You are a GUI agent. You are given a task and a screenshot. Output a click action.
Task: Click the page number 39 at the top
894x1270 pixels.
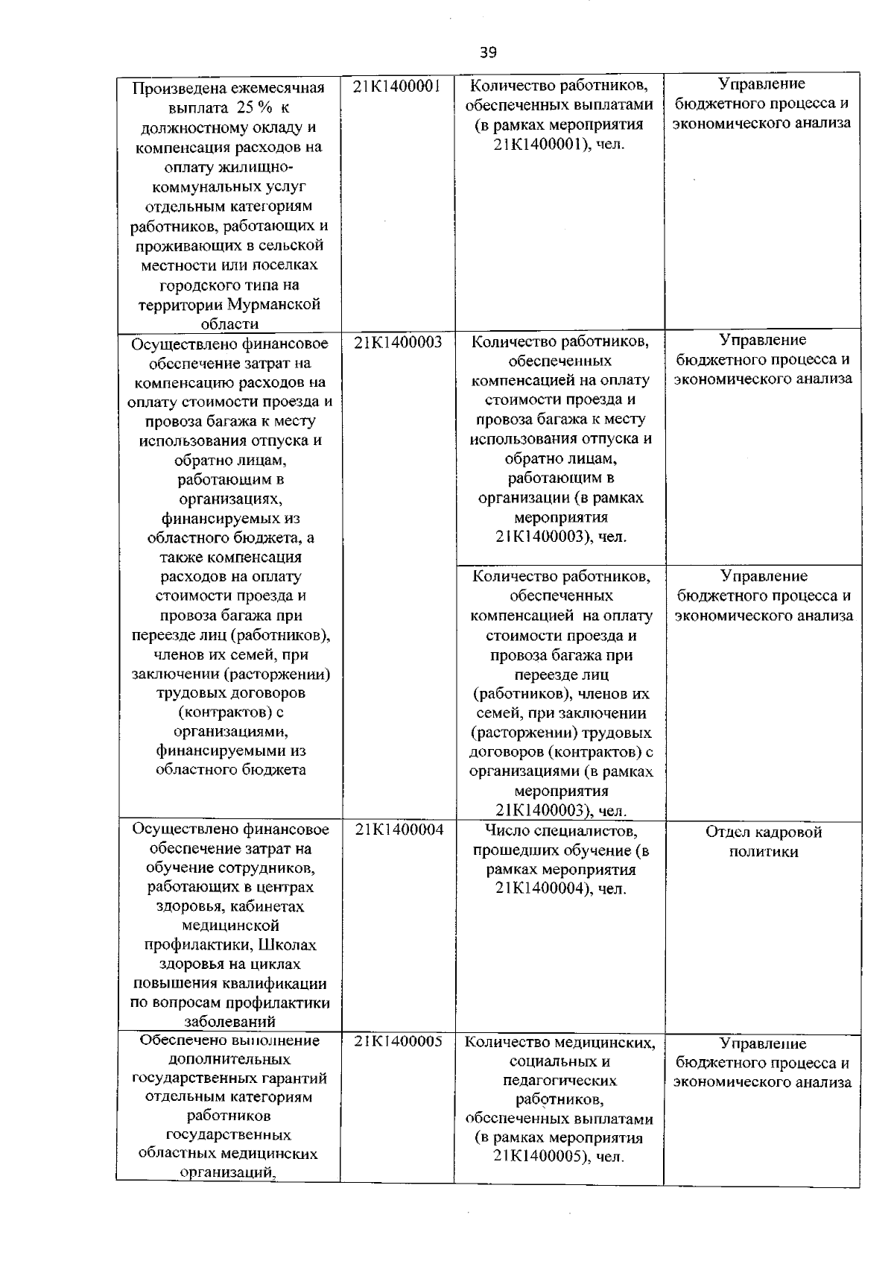489,52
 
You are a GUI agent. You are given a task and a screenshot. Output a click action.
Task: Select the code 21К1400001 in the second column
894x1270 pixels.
398,86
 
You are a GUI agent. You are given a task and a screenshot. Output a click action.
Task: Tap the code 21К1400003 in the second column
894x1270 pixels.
398,342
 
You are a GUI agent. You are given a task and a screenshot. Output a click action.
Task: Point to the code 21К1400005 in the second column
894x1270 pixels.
399,1041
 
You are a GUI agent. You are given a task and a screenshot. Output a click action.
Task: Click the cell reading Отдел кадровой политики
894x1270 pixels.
763,842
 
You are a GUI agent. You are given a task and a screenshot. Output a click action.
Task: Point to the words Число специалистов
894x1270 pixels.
560,830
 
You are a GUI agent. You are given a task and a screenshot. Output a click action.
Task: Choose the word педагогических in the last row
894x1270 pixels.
560,1080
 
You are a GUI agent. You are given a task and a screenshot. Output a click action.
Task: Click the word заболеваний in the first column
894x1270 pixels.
229,1022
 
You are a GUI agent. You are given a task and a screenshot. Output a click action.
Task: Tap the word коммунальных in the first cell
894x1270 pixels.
229,186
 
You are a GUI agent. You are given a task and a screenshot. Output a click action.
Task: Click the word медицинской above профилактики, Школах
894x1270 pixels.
229,926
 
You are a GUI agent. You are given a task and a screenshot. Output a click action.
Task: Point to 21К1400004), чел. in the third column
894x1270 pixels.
560,889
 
